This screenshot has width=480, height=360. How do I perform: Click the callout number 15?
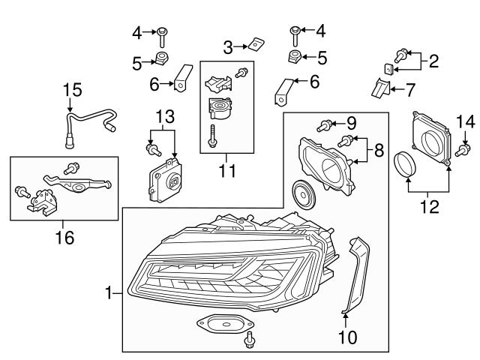(70, 91)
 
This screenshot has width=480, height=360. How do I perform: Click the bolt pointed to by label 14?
(462, 150)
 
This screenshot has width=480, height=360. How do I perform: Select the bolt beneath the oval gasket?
(248, 343)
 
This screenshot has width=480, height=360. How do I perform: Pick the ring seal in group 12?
(406, 166)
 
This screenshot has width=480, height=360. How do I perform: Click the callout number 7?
(410, 91)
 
